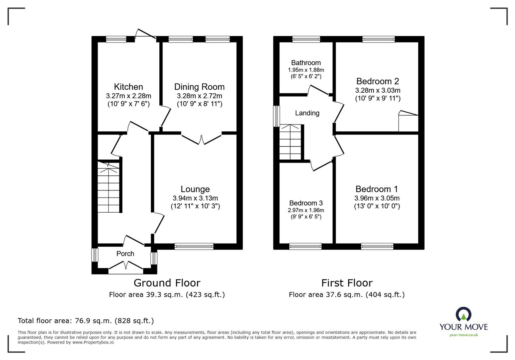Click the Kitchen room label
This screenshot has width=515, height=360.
pos(128,87)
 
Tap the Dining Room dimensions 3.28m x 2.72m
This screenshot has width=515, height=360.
pos(199,96)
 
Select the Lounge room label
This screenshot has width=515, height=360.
pos(195,189)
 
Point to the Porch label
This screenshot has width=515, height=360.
pos(125,254)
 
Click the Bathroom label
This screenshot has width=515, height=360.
pos(306,63)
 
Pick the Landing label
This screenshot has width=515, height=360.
pos(307,113)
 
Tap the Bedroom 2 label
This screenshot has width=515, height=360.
pos(378,81)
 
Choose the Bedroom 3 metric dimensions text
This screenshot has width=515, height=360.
pos(306,210)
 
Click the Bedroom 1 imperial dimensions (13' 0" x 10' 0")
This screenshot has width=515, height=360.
pos(377,206)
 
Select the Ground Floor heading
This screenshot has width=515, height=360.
pos(167,283)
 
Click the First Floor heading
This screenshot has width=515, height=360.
pos(347,283)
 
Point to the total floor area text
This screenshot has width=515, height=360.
pos(86,321)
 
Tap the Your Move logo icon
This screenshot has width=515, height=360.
pos(464,314)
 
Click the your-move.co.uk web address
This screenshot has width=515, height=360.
pos(464,335)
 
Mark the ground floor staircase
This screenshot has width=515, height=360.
pos(108,187)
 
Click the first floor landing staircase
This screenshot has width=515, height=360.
pos(290,142)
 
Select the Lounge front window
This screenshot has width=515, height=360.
pos(194,246)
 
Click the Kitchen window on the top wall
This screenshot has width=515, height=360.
pos(116,39)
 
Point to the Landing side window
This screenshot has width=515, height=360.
pos(276,116)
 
